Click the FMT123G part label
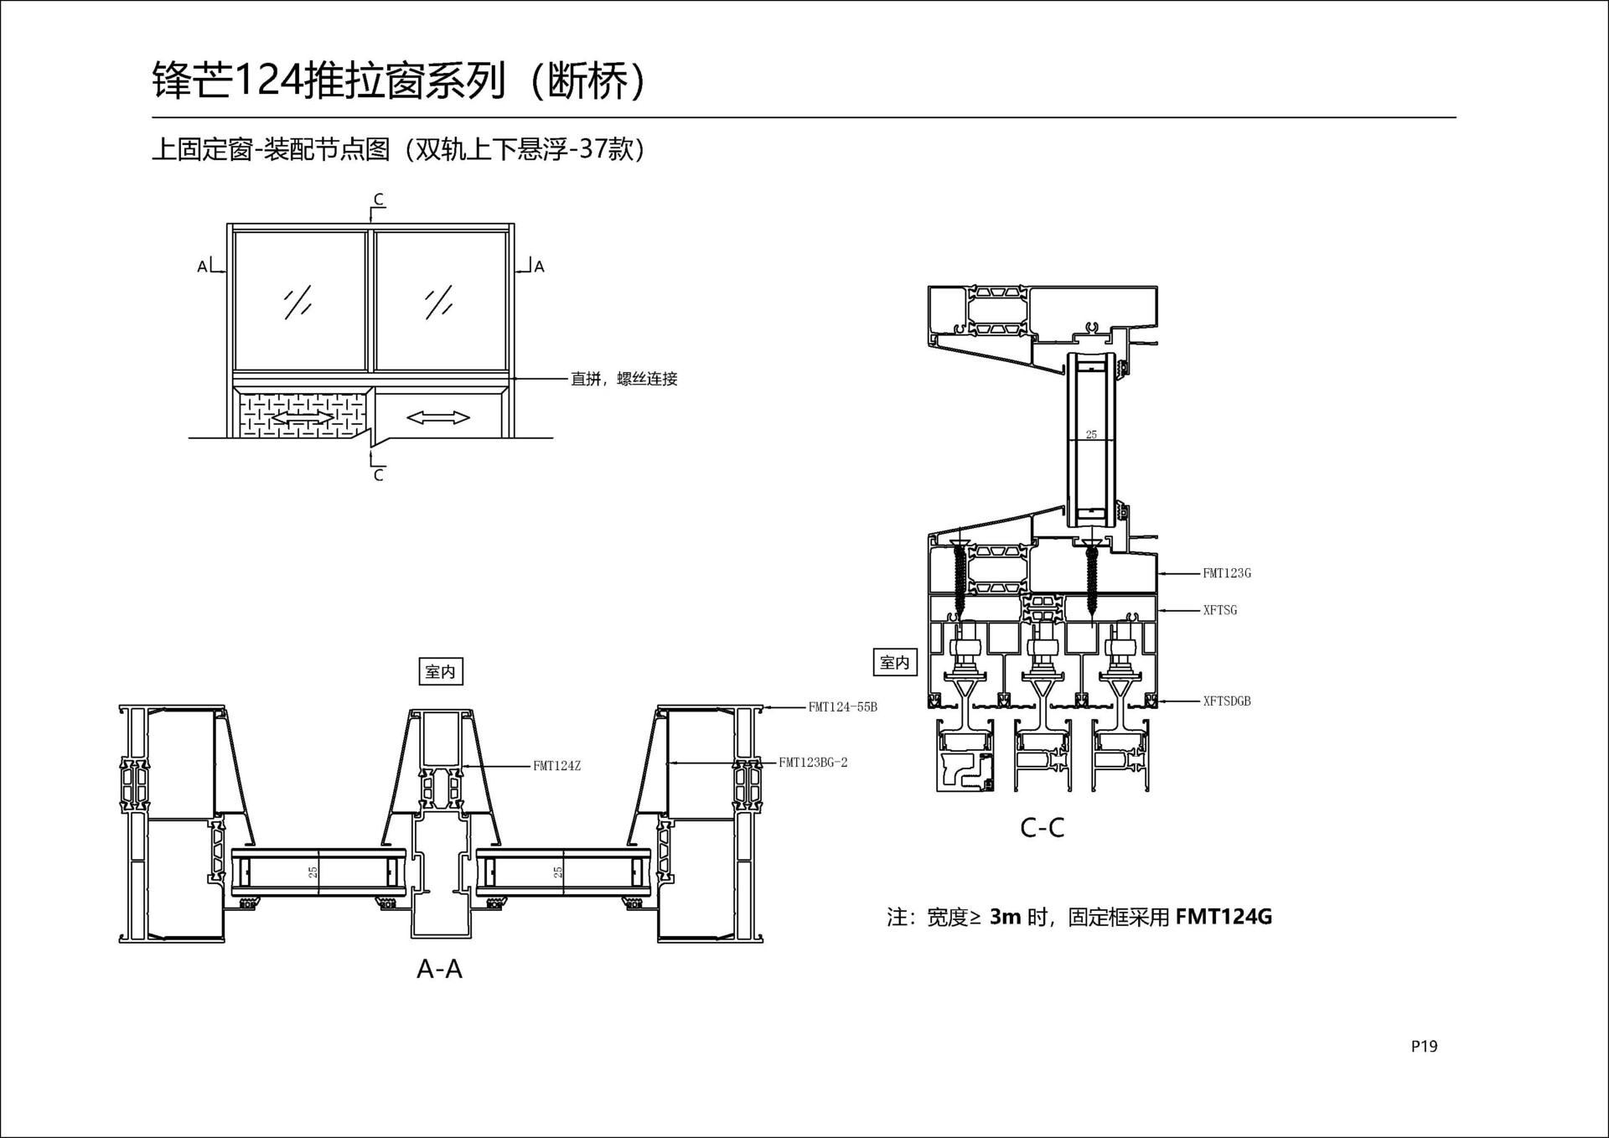(1226, 573)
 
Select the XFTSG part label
(1219, 610)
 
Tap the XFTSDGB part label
(1226, 701)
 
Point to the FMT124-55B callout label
(842, 707)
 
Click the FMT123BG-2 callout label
(813, 763)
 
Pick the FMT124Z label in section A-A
(556, 766)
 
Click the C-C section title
(1042, 828)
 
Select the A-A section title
(439, 969)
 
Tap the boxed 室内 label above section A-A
(440, 671)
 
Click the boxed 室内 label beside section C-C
(894, 663)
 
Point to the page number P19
(1424, 1046)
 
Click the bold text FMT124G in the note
(1223, 917)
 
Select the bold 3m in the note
(1005, 917)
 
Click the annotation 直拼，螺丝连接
(623, 379)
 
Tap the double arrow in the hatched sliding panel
(302, 416)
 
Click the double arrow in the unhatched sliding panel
(437, 416)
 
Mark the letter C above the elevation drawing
(378, 199)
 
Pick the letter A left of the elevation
(202, 266)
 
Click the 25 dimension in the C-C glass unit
(1090, 434)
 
